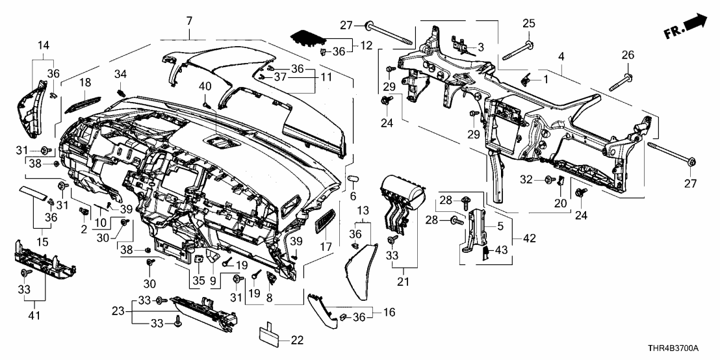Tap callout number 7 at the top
point(189,21)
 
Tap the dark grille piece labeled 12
point(307,38)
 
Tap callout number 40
point(205,86)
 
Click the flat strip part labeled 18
point(85,100)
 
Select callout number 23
point(118,311)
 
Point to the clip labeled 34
point(121,92)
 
